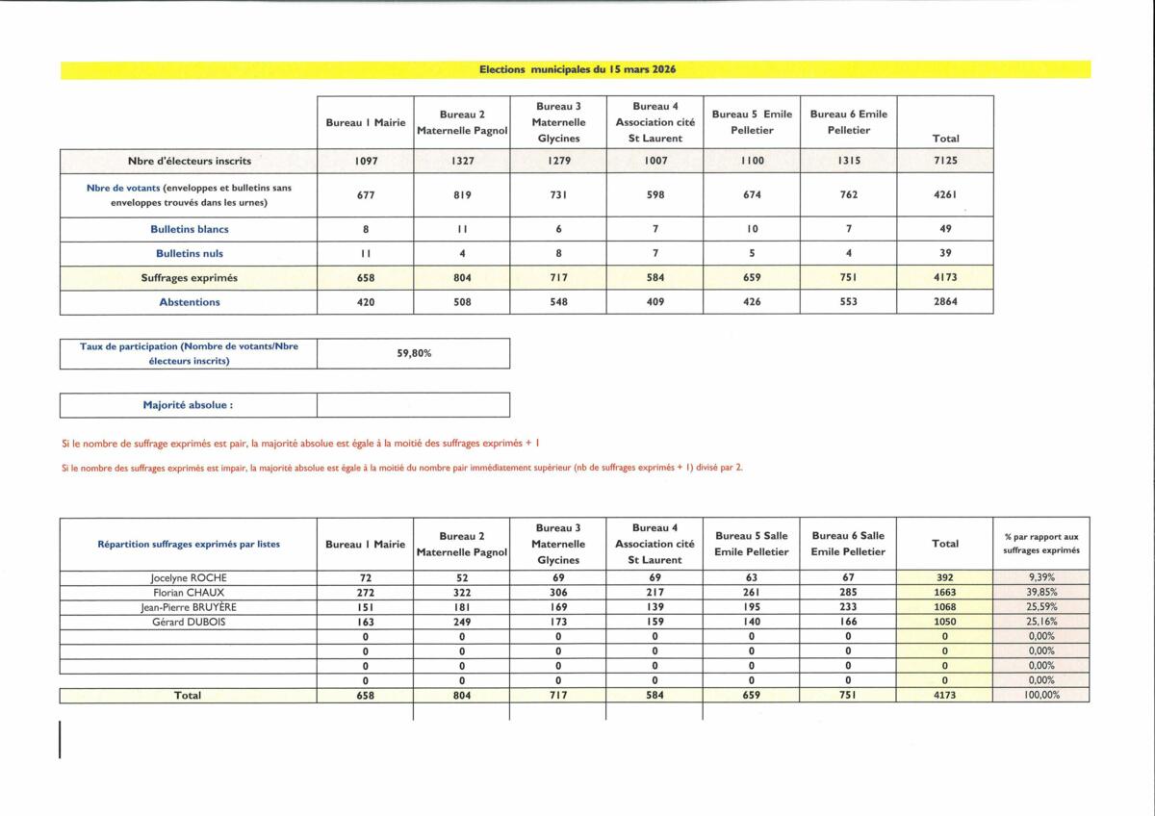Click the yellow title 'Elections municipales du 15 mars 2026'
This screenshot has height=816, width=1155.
point(576,69)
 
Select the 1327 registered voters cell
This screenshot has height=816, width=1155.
point(461,161)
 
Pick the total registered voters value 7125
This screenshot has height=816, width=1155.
point(945,161)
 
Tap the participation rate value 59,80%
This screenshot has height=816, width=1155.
point(414,353)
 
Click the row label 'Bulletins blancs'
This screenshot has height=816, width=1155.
point(190,230)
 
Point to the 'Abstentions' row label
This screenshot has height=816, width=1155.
point(190,302)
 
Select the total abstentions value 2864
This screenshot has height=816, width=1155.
point(945,302)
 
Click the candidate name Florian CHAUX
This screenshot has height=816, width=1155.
point(189,593)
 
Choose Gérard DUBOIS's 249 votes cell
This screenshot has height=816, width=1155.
point(461,623)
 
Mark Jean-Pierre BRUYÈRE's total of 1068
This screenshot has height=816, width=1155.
point(944,607)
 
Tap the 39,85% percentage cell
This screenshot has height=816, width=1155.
point(1041,593)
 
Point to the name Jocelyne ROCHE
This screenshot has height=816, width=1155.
point(189,578)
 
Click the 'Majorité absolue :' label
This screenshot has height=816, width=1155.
point(189,405)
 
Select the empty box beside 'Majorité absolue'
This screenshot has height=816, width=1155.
point(413,405)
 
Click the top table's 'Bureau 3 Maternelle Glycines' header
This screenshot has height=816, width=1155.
point(558,122)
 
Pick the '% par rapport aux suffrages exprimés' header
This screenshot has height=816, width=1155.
point(1041,544)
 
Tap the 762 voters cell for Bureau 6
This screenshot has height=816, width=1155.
point(848,195)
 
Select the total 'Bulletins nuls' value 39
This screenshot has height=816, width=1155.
point(945,254)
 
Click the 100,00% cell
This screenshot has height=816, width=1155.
point(1041,696)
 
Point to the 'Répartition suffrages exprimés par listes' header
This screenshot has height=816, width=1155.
point(189,544)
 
